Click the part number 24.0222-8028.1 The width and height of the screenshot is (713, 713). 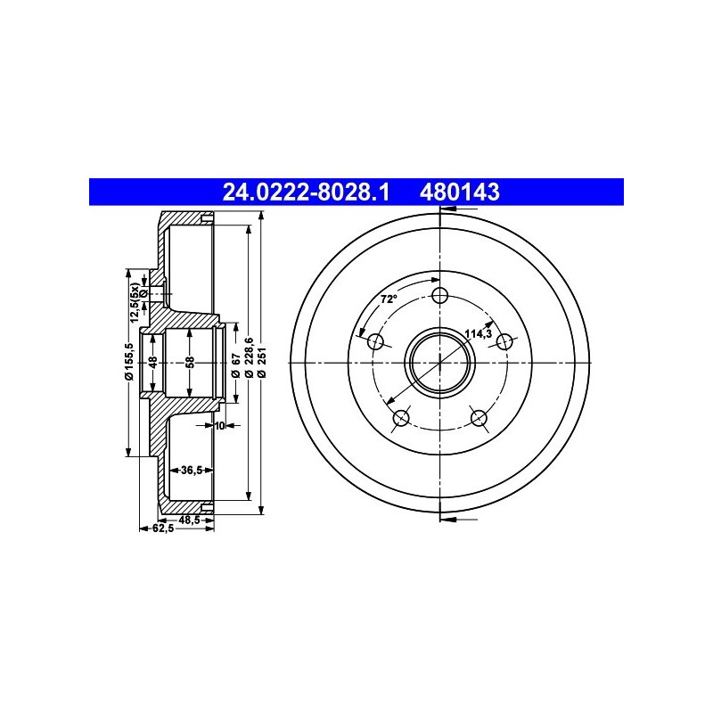pyautogui.click(x=306, y=192)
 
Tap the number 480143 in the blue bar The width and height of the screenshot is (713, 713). pyautogui.click(x=460, y=192)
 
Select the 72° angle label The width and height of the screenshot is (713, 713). pyautogui.click(x=389, y=299)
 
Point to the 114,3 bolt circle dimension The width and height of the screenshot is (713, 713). pyautogui.click(x=479, y=334)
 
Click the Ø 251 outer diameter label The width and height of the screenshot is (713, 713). pyautogui.click(x=261, y=363)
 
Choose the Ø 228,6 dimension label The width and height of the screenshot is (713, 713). pyautogui.click(x=249, y=357)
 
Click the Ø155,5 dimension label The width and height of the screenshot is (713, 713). pyautogui.click(x=129, y=361)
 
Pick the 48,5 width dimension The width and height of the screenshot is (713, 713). pyautogui.click(x=189, y=520)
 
